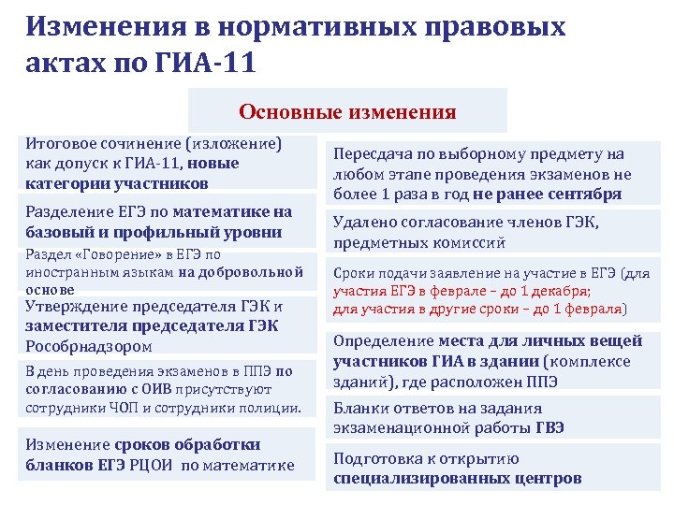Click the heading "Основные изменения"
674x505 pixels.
(x=347, y=113)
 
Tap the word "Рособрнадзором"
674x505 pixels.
(x=82, y=346)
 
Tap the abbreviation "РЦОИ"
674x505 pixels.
(x=149, y=465)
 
